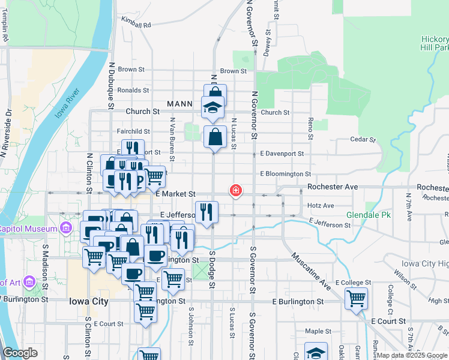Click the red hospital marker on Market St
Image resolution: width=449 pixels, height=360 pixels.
(x=236, y=191)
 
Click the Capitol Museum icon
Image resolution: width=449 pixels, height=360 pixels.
(x=64, y=228)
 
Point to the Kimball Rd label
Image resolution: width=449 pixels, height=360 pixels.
(x=136, y=25)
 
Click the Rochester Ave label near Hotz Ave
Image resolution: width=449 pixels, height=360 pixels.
(x=332, y=187)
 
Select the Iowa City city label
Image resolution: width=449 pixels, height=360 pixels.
(x=88, y=301)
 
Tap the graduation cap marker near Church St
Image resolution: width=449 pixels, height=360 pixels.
(x=212, y=107)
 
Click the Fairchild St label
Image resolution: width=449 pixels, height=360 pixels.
(x=133, y=131)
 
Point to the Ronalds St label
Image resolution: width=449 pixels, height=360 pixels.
(x=133, y=90)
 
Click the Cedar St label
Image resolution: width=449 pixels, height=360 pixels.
(x=363, y=140)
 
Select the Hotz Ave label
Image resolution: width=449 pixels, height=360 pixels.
(x=321, y=205)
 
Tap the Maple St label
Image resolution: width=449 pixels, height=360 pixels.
(x=318, y=331)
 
